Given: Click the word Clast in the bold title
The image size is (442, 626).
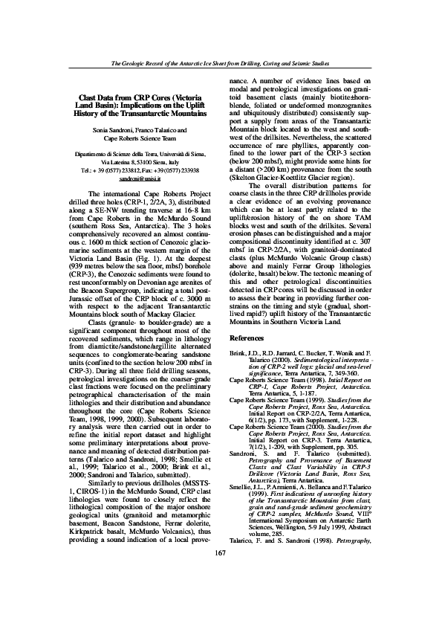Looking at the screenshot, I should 89,97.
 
